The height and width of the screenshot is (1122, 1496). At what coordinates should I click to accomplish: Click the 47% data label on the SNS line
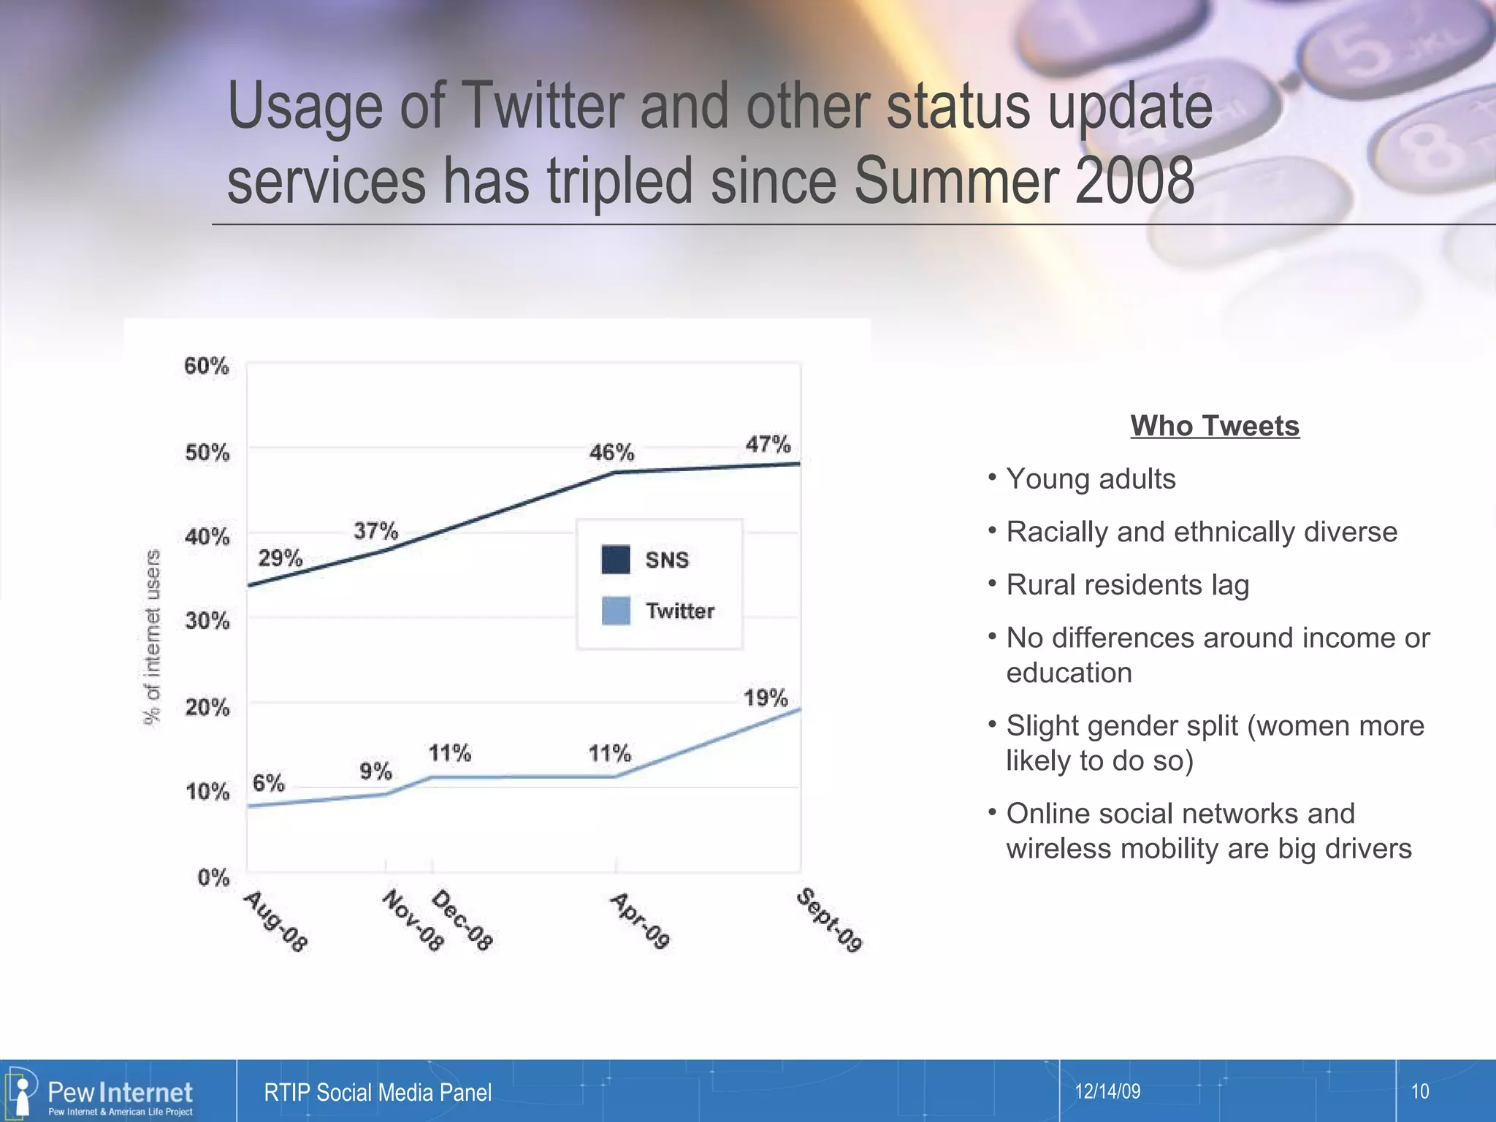coord(768,444)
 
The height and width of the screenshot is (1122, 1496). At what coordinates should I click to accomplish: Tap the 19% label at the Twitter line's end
coord(765,698)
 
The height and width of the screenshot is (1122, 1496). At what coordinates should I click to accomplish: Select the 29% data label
coord(280,558)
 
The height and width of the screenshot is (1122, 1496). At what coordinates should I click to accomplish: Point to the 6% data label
coord(268,783)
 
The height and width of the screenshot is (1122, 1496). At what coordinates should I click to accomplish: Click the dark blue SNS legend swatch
coord(615,560)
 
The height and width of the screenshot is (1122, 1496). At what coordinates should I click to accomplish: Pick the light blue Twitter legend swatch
coord(615,611)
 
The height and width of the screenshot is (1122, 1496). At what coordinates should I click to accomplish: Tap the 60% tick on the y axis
coord(207,365)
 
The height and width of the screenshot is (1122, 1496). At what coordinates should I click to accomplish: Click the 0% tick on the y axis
coord(213,877)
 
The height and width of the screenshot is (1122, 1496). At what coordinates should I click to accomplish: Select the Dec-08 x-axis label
coord(462,920)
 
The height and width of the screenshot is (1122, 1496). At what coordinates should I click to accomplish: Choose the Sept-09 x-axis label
coord(829,920)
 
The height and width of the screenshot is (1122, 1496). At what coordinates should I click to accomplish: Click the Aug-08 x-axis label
coord(275,921)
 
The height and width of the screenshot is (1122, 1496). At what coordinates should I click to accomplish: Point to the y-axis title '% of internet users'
coord(152,637)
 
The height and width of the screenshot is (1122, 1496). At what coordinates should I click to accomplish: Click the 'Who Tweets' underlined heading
coord(1215,426)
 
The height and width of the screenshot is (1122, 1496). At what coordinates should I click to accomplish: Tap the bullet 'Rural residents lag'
coord(1127,585)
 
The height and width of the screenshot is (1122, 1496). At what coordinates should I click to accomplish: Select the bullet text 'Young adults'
coord(1091,479)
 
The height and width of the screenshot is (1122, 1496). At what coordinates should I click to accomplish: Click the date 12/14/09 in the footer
coord(1107,1091)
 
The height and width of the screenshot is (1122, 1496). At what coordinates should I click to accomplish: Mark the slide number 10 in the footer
coord(1419,1091)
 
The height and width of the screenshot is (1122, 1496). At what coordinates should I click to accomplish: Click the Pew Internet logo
coord(102,1093)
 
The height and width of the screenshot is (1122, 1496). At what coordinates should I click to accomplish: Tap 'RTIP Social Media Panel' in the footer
coord(377,1093)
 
